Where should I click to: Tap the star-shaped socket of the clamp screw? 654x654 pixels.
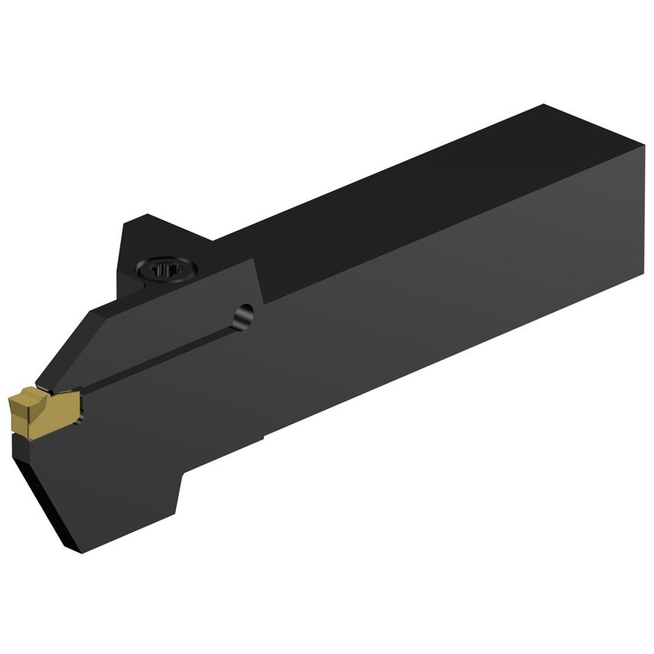[x=165, y=270]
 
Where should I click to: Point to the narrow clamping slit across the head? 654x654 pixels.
[x=153, y=357]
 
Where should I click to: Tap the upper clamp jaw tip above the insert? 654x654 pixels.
[x=46, y=383]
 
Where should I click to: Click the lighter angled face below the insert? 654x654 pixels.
[x=46, y=490]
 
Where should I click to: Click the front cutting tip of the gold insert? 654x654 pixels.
[x=11, y=401]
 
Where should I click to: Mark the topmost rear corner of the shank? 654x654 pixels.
[x=543, y=105]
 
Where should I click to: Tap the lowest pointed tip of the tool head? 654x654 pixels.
[x=80, y=551]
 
